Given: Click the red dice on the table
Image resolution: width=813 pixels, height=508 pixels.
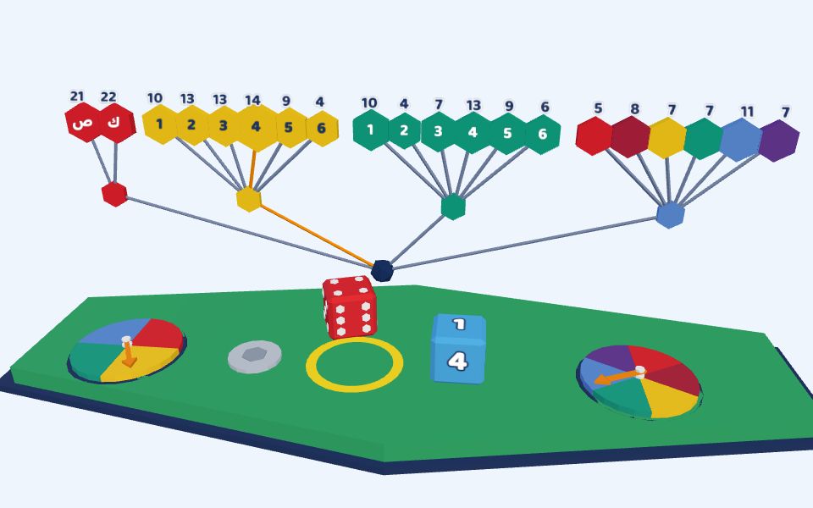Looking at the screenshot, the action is point(350,306).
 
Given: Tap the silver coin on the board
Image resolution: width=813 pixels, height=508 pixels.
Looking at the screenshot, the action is point(255,356).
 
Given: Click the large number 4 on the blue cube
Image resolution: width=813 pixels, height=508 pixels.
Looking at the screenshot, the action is point(458,361).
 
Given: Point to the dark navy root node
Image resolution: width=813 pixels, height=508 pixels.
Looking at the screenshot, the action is point(382,271).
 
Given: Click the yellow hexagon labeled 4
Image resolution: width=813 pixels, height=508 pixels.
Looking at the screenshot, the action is point(256,127).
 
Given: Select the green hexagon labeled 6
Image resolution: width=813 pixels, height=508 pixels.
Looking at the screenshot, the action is point(542,135).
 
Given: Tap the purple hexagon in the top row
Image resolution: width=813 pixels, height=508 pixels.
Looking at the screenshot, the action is point(779,141).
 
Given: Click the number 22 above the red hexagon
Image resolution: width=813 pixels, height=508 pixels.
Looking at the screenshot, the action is point(108,97).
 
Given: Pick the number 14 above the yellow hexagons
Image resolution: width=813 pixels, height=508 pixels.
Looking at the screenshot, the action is point(252,100).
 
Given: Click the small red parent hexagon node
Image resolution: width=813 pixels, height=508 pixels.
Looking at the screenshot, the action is point(114,195).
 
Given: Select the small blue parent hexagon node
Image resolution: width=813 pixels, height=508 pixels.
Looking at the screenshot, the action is point(670,215).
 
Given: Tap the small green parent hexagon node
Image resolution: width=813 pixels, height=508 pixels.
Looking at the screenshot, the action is point(453,207).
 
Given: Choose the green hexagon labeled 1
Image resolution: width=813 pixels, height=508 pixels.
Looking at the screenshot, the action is point(370,130).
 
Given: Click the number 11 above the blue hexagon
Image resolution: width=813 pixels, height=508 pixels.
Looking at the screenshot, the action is point(747,112).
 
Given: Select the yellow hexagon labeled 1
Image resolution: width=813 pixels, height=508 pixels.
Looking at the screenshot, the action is point(160,124).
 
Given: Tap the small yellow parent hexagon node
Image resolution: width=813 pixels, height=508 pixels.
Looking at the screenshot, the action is point(249,200).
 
